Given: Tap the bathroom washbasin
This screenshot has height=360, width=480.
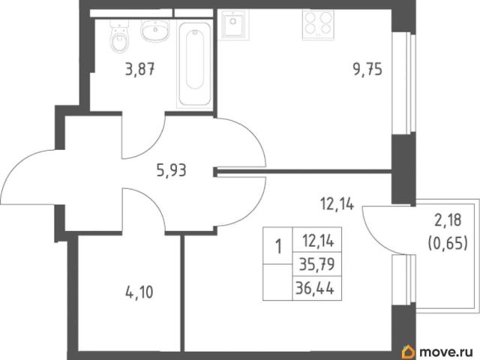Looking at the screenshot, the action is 155,30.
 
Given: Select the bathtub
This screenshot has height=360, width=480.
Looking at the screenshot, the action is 194,65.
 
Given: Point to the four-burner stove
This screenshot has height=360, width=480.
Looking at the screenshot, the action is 318,25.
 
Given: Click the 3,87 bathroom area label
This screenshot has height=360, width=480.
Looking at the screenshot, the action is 139,69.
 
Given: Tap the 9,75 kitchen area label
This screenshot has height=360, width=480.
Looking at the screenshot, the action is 367,70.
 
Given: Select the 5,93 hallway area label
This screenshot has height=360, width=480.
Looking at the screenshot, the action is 172,170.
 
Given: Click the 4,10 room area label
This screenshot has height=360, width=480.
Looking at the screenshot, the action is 139,292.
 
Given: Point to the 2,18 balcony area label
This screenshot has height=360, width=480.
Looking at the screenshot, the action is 448,220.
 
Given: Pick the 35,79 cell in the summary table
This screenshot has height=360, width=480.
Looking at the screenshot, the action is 317,264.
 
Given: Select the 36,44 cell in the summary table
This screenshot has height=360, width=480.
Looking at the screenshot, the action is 317,288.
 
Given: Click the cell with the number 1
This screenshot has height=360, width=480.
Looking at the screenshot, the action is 278,246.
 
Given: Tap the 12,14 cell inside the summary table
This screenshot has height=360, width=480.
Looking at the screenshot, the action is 317,240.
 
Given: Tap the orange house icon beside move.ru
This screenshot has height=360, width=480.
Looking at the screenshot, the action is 409,352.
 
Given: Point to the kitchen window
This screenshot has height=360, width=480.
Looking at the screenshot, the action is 404,82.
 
